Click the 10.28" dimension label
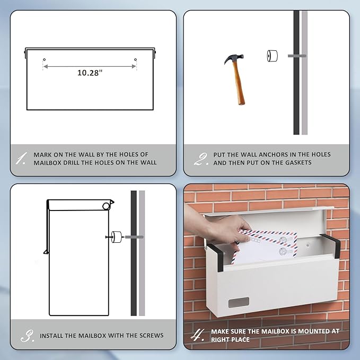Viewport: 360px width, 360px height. pyautogui.click(x=90, y=73)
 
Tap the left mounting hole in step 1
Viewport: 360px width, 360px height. pyautogui.click(x=45, y=60)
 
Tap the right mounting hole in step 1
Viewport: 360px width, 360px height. pyautogui.click(x=135, y=60)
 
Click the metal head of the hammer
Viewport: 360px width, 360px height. pyautogui.click(x=234, y=58)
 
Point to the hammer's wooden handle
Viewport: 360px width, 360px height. pyautogui.click(x=239, y=84)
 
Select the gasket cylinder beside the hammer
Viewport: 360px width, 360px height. pyautogui.click(x=273, y=56)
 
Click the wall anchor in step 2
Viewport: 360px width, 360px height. pyautogui.click(x=297, y=56)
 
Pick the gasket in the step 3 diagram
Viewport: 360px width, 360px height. pyautogui.click(x=117, y=237)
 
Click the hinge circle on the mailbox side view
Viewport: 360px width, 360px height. pyautogui.click(x=106, y=206)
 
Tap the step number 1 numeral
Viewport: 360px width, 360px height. pyautogui.click(x=21, y=158)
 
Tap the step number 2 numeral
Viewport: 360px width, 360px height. pyautogui.click(x=200, y=159)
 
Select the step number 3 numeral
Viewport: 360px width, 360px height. pyautogui.click(x=27, y=336)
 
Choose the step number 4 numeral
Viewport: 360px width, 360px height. pyautogui.click(x=197, y=335)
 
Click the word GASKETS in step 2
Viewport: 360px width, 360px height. pyautogui.click(x=298, y=163)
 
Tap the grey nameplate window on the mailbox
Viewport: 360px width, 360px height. pyautogui.click(x=239, y=302)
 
